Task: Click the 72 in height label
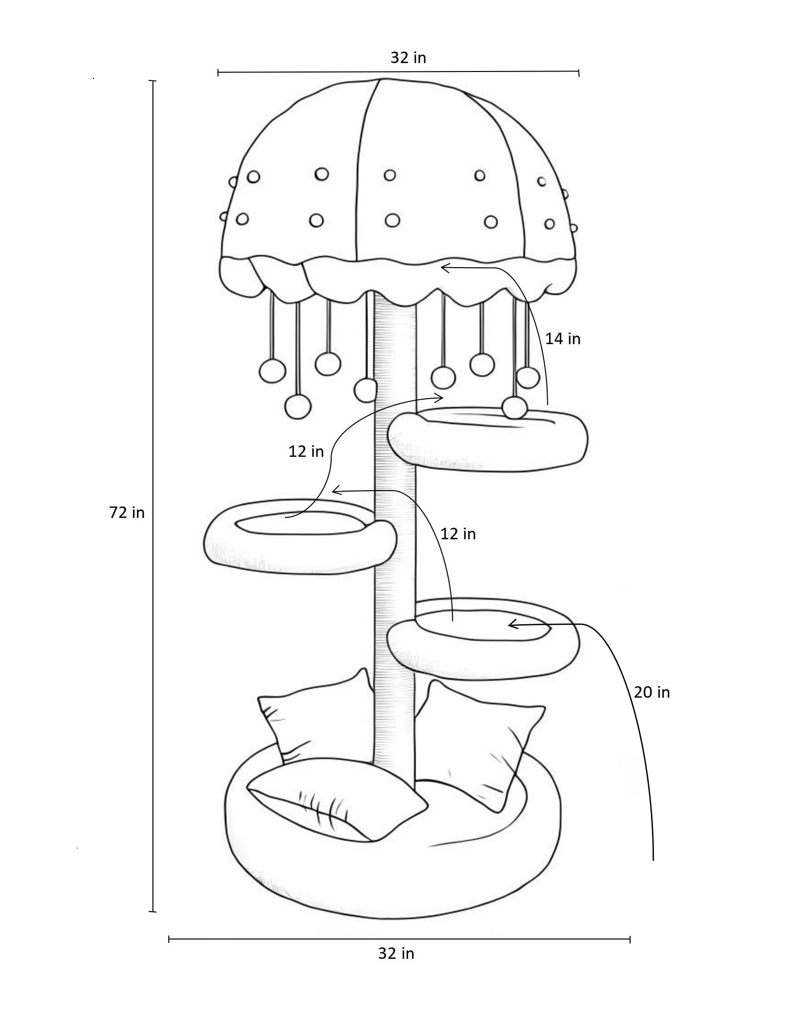127,512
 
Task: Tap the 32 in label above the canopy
408,58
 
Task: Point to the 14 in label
563,339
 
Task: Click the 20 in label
651,692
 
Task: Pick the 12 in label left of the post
306,451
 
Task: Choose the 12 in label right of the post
458,534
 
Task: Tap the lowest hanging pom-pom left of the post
298,406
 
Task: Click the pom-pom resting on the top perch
514,408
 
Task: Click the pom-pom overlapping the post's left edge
366,389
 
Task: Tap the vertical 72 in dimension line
153,497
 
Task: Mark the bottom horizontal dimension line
399,939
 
